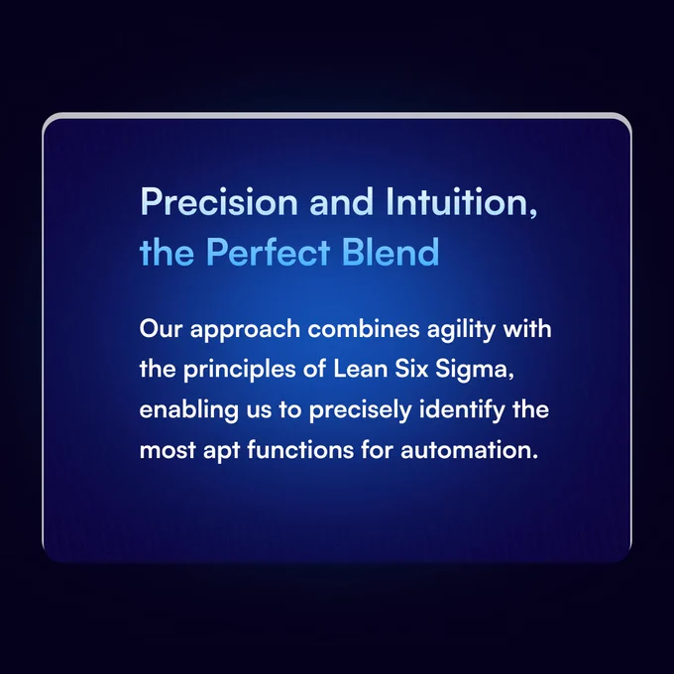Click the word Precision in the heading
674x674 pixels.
click(x=219, y=201)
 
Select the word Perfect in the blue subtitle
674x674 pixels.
click(x=269, y=252)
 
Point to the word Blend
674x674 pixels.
click(x=391, y=252)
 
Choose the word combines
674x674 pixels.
click(x=364, y=329)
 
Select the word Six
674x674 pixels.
click(x=411, y=369)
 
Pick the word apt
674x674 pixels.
click(x=221, y=451)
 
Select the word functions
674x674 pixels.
click(x=300, y=450)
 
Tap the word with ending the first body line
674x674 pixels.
click(x=527, y=329)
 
